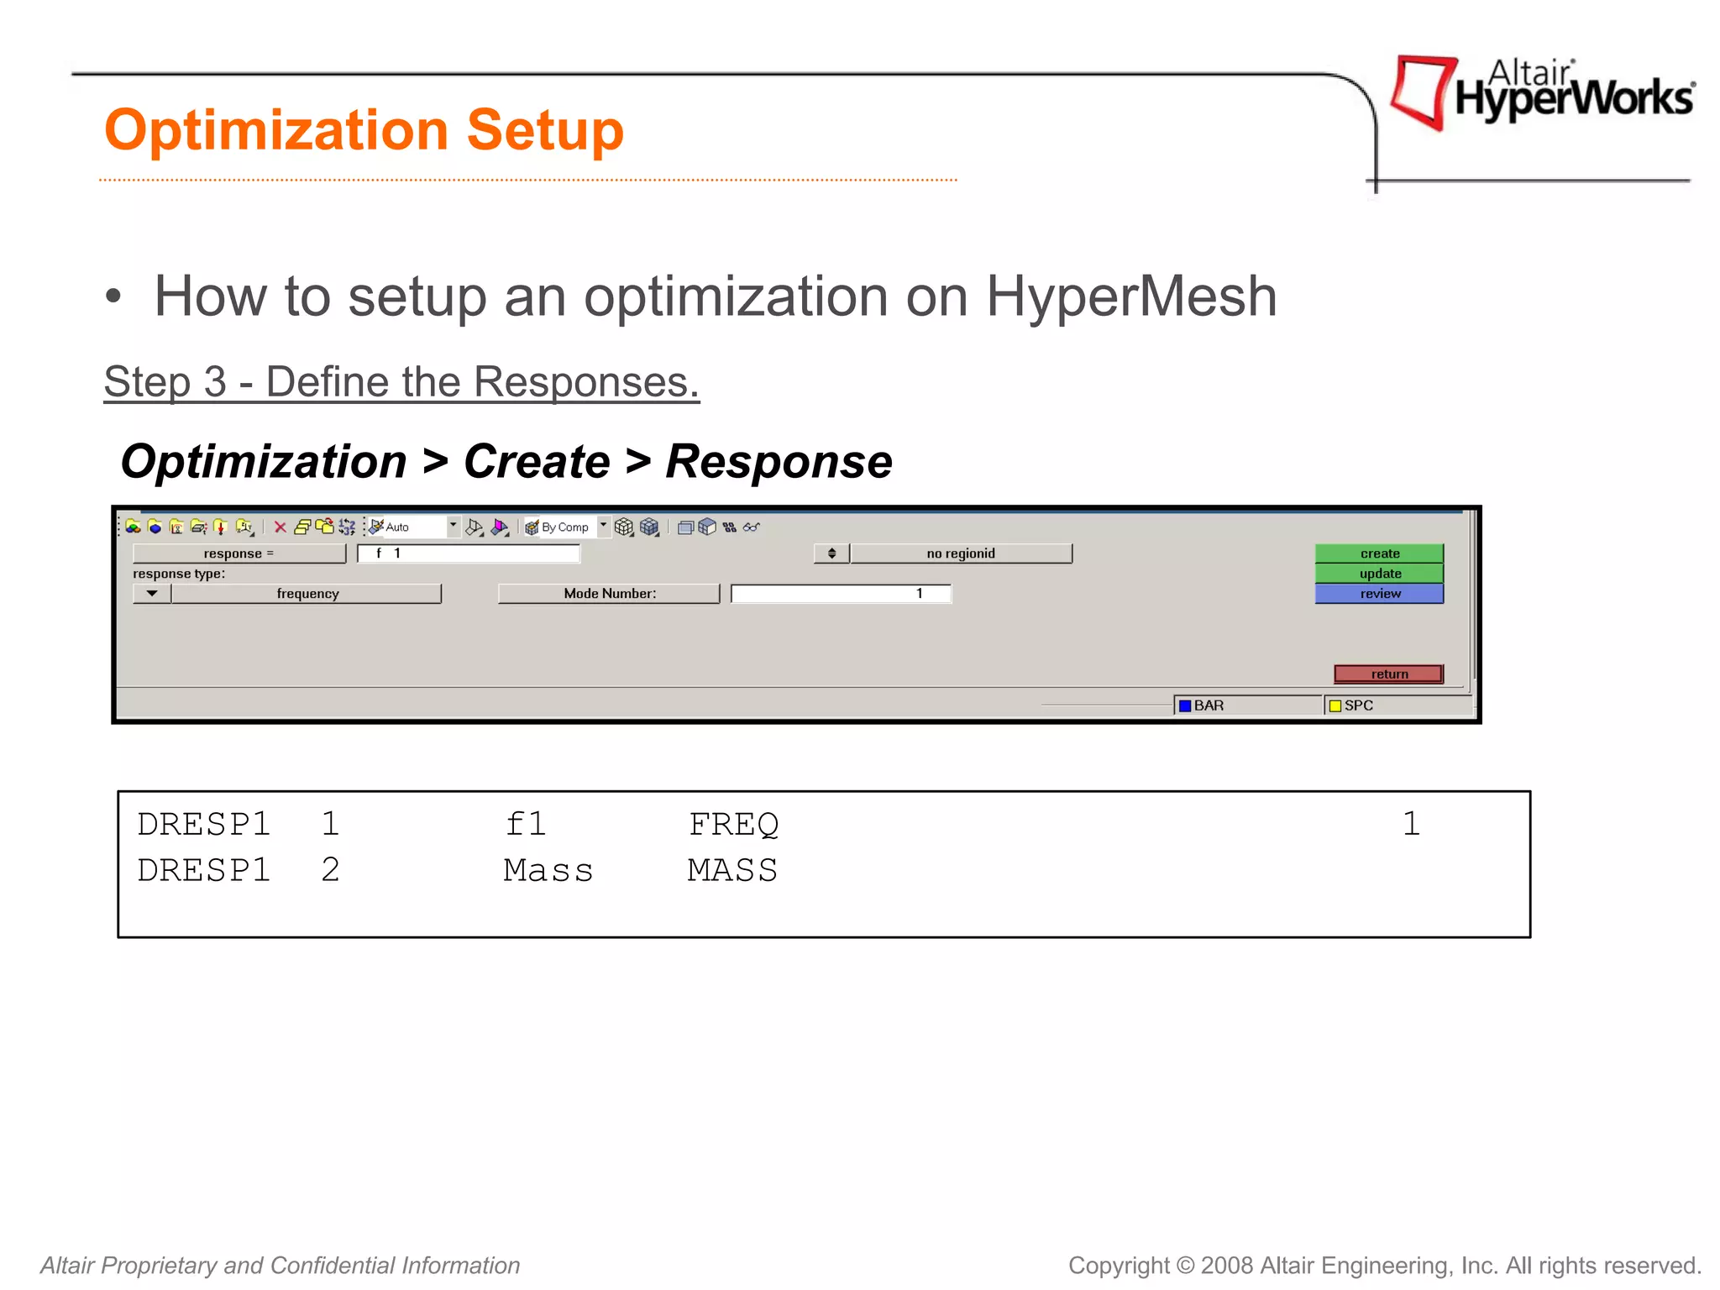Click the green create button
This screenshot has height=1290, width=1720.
(x=1379, y=553)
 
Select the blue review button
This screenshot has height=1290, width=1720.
(x=1379, y=594)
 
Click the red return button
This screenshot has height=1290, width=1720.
(x=1388, y=674)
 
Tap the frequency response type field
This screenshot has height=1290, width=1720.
(x=307, y=594)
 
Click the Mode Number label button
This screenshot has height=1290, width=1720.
(x=609, y=594)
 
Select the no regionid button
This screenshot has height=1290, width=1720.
(x=960, y=553)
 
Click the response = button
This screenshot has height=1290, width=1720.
(x=239, y=553)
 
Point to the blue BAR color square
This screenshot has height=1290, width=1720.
(x=1185, y=705)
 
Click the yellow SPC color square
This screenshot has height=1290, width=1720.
(x=1335, y=705)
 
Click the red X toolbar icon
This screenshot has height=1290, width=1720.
(x=281, y=527)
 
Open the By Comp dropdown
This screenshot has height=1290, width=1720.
(x=602, y=527)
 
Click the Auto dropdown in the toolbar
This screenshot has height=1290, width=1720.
(x=453, y=527)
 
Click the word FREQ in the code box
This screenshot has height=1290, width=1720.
(x=733, y=824)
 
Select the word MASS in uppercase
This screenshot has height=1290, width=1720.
(x=732, y=871)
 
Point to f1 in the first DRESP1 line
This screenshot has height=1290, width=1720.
(x=526, y=824)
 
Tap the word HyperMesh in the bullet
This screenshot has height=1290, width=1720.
(x=1130, y=296)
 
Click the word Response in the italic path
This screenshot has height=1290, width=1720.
(x=778, y=462)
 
